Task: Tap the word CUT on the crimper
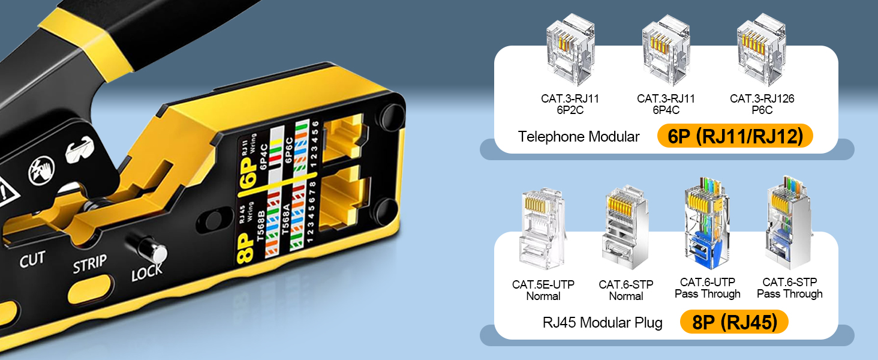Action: click(x=32, y=259)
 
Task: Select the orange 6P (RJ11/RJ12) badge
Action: click(x=735, y=136)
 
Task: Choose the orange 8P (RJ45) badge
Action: click(x=734, y=322)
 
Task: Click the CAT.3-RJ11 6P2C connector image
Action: click(x=570, y=49)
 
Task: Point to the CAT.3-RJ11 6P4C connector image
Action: click(x=666, y=50)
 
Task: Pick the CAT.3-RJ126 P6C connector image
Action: click(x=761, y=49)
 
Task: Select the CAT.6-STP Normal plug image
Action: click(x=626, y=227)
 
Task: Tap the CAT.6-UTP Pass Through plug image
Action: click(x=707, y=223)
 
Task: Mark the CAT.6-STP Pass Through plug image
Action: click(x=789, y=221)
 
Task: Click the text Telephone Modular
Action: click(x=579, y=136)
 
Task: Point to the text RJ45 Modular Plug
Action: click(x=603, y=322)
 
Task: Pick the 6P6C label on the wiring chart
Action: click(x=289, y=150)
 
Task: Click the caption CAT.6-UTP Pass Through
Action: click(x=708, y=288)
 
